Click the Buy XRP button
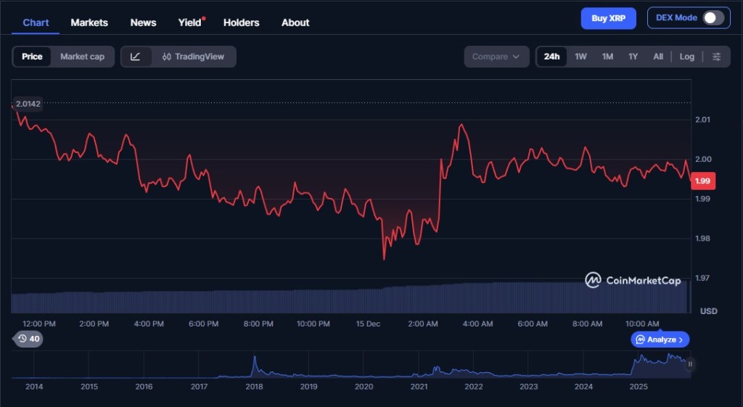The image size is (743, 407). pos(608,18)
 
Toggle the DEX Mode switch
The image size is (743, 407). pos(713,18)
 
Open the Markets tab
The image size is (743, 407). pos(89,22)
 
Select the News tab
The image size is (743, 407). pos(143,22)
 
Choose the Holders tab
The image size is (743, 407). pos(241,22)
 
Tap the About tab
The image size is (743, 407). pos(295,22)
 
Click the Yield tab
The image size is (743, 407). pos(190,22)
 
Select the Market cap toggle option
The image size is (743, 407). pos(82,57)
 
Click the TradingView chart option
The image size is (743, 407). pos(194,57)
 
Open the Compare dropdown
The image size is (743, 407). pos(496,57)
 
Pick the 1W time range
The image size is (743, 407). pos(580,57)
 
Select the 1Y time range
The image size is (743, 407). pos(633,57)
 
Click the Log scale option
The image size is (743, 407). pos(686,57)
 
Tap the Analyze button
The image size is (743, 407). pos(660,340)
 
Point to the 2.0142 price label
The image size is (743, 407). pos(28,104)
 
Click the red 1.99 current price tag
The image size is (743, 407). pos(702,181)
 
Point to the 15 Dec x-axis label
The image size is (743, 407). pos(368,324)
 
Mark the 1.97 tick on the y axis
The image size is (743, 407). pos(702,278)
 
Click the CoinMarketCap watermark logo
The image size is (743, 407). pos(633,280)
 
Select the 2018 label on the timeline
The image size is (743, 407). pos(254,387)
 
